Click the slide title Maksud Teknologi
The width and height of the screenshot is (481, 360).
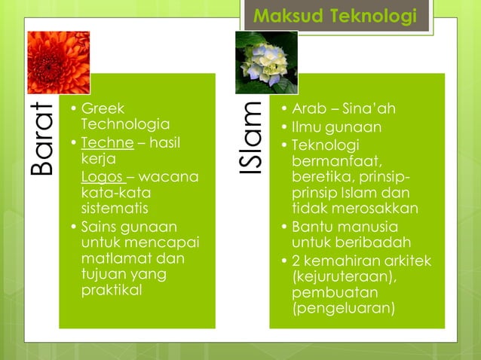[x=335, y=15]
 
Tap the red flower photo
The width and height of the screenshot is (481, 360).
[x=58, y=63]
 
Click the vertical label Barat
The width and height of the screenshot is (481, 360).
[x=44, y=139]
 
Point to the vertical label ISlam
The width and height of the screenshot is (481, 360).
[x=252, y=139]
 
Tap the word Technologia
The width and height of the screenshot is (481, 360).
[x=125, y=124]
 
